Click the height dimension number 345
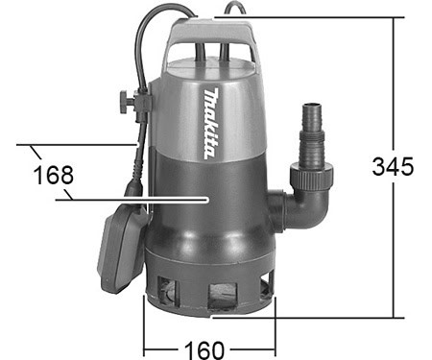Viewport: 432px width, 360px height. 393,166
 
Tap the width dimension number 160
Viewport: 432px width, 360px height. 204,350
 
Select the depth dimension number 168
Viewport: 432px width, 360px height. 53,175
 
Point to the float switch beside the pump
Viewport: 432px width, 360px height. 122,247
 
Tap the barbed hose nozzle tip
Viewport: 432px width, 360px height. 312,115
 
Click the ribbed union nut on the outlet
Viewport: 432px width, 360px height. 312,175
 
